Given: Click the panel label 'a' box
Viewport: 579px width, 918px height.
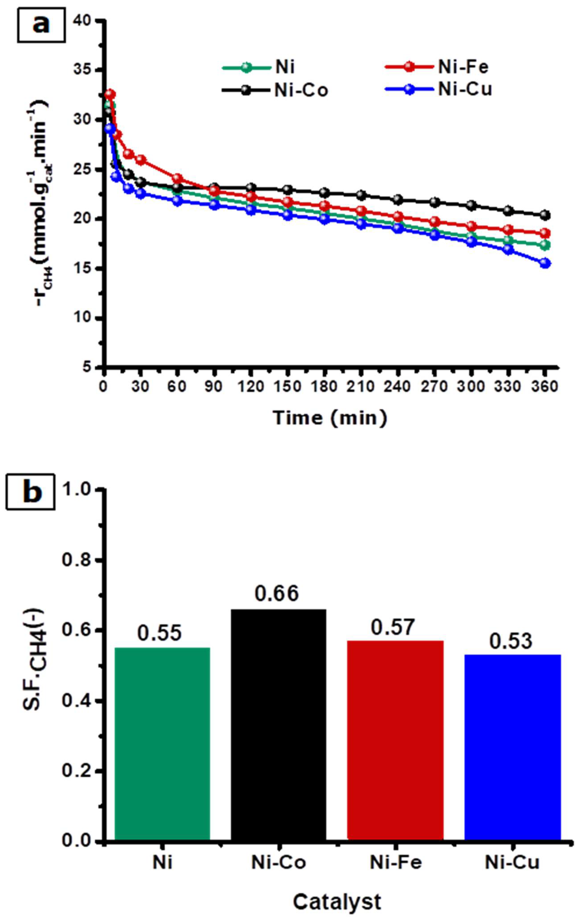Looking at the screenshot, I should tap(41, 25).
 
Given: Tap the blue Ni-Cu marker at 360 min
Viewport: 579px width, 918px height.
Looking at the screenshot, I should tap(545, 263).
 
